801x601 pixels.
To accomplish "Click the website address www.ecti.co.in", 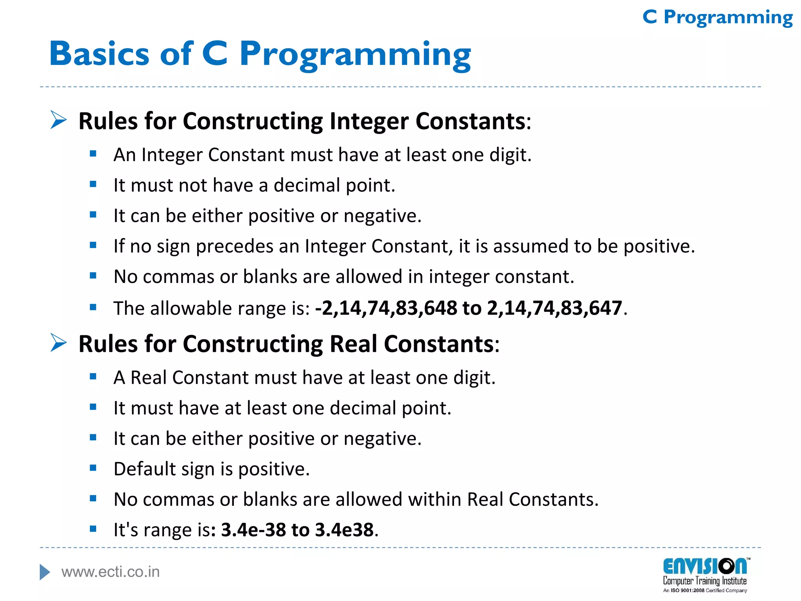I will [110, 572].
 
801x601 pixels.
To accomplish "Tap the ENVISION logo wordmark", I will [704, 567].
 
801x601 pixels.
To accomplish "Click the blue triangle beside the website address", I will [45, 572].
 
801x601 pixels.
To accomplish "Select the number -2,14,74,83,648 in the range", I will [386, 308].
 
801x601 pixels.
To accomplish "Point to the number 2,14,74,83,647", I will [554, 308].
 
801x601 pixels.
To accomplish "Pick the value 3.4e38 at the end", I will [344, 530].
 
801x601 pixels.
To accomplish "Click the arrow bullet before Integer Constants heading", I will [59, 120].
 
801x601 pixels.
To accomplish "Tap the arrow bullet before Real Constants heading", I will [59, 343].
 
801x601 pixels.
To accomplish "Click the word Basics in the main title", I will [99, 54].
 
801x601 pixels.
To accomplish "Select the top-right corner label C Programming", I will [718, 18].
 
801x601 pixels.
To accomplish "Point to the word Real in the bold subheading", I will [354, 344].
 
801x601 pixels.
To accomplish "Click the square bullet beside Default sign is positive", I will [93, 468].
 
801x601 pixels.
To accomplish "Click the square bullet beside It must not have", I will [93, 184].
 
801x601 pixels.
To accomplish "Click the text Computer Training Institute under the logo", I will [704, 581].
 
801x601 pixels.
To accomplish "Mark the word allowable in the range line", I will [188, 308].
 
